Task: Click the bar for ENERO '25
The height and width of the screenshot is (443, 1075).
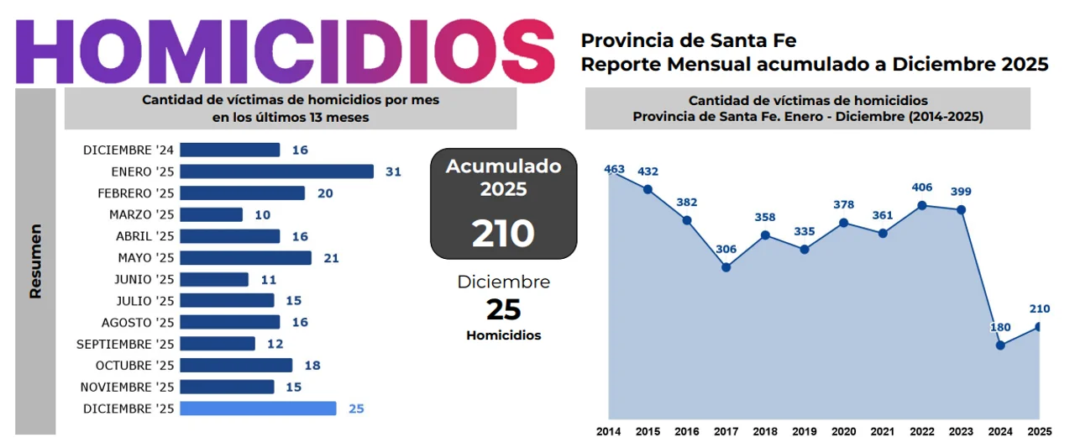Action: point(276,171)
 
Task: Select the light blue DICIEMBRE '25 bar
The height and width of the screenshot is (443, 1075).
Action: point(258,409)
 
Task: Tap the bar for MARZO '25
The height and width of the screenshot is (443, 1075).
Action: point(211,214)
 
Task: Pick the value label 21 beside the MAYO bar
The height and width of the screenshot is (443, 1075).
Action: point(331,258)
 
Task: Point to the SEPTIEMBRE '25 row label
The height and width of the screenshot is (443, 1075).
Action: point(125,344)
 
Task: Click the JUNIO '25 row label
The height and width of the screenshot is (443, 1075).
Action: point(144,279)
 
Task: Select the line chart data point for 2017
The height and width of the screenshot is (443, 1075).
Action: point(726,267)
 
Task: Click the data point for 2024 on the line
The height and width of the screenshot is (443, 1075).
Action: point(1000,345)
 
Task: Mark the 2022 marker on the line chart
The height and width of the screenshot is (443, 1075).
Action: point(922,205)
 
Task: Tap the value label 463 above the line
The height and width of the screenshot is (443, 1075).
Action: point(614,170)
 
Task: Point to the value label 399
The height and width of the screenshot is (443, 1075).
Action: point(961,192)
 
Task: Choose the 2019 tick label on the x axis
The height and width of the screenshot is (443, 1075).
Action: point(804,431)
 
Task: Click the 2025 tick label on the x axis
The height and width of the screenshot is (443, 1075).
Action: point(1040,431)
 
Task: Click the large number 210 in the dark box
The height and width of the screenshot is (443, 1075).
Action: point(503,233)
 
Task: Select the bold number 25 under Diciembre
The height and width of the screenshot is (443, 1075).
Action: point(503,310)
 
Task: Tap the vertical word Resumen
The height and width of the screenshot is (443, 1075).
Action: point(35,261)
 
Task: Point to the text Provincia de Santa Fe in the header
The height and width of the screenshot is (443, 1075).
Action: point(689,40)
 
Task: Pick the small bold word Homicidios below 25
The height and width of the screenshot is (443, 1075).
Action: point(503,335)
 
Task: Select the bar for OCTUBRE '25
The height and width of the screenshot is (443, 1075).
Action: point(236,366)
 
